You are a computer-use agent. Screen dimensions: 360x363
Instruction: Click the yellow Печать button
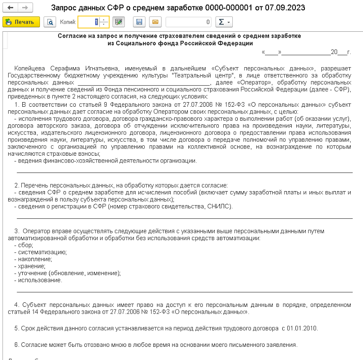pyautogui.click(x=21, y=22)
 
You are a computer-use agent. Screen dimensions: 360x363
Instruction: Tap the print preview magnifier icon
pyautogui.click(x=50, y=22)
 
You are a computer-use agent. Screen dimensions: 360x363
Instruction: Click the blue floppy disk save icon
pyautogui.click(x=139, y=22)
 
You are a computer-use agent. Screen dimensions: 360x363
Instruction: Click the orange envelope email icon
pyautogui.click(x=155, y=22)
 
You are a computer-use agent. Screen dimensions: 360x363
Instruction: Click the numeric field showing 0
pyautogui.click(x=189, y=22)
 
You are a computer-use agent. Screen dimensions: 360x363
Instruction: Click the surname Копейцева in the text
pyautogui.click(x=30, y=68)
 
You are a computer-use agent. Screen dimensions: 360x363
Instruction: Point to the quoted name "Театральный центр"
pyautogui.click(x=207, y=75)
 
